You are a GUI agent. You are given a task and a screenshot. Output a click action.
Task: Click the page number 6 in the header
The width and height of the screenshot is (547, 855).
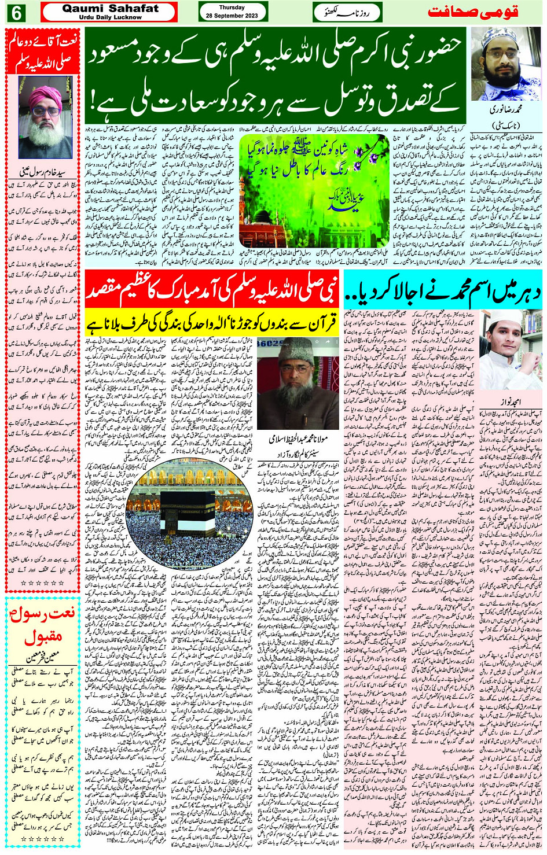pos(15,13)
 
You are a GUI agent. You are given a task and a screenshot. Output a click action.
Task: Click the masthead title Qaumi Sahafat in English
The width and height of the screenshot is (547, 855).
pos(110,8)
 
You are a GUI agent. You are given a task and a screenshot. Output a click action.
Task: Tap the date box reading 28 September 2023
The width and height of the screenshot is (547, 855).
pos(232,12)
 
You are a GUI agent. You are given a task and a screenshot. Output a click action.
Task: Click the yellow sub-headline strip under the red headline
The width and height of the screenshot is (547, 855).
pos(212,323)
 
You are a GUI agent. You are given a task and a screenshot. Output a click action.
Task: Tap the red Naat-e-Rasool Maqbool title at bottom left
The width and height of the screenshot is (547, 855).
pos(43,626)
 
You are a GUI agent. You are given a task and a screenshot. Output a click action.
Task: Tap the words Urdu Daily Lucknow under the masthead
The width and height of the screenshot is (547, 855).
pos(110,17)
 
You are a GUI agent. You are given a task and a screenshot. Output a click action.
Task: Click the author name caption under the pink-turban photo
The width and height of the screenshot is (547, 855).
pos(43,171)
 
